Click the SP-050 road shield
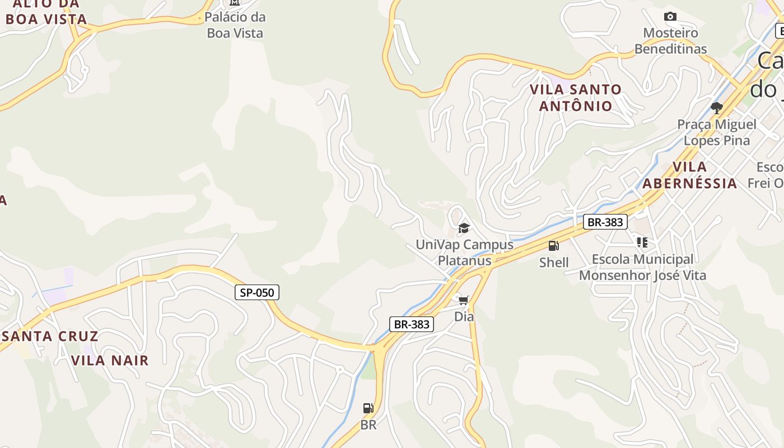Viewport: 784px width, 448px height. click(x=257, y=292)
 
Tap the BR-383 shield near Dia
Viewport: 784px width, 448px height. click(x=412, y=324)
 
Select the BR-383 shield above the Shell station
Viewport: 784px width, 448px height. click(x=605, y=222)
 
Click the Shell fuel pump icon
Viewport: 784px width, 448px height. click(x=553, y=246)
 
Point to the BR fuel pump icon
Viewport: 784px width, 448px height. click(x=368, y=408)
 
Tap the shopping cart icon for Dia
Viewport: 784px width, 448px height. click(x=463, y=301)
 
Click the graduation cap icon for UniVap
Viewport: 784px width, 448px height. click(x=464, y=228)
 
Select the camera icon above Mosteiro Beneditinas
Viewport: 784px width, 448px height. click(x=670, y=17)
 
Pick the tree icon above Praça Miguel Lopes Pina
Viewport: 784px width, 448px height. click(x=716, y=108)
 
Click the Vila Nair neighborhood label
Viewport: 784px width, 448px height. click(x=110, y=361)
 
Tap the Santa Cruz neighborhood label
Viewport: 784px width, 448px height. click(x=50, y=337)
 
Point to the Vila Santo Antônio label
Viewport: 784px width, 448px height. click(x=576, y=97)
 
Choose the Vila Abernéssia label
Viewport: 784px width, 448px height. click(x=690, y=175)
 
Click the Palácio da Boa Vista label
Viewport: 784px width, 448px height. click(x=235, y=25)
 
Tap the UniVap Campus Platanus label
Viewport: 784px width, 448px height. click(x=464, y=253)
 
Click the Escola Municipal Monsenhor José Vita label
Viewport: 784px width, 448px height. click(x=642, y=267)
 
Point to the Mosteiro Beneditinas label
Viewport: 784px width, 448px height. click(x=670, y=41)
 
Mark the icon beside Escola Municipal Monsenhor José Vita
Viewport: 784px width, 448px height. click(x=642, y=242)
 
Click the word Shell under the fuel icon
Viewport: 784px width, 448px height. click(x=554, y=262)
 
